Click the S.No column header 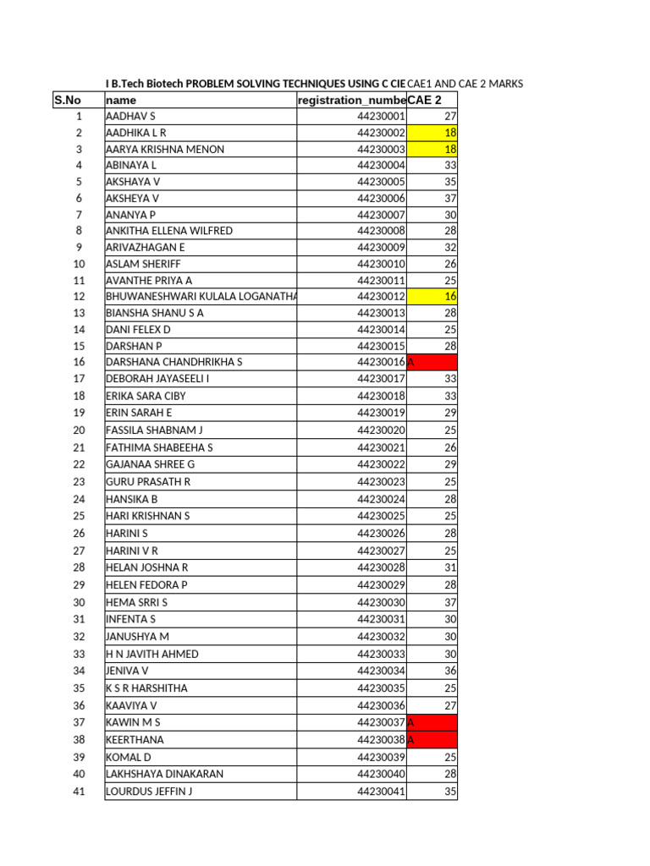click(x=67, y=101)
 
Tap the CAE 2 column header click(x=425, y=101)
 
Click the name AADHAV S click(x=130, y=117)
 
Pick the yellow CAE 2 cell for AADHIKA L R click(x=432, y=133)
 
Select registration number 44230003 click(x=381, y=150)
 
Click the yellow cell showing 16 click(x=432, y=297)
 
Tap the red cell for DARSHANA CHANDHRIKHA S click(x=432, y=362)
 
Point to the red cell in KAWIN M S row click(x=432, y=722)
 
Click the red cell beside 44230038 click(x=432, y=739)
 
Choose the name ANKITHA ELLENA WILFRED click(x=168, y=231)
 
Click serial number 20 click(x=79, y=430)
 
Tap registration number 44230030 click(x=381, y=602)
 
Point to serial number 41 click(x=79, y=792)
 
